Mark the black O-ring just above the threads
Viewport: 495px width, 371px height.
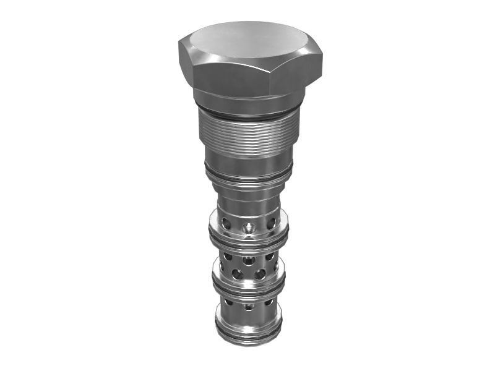(247, 116)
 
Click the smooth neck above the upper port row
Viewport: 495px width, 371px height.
(247, 198)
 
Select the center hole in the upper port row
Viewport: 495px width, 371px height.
(249, 228)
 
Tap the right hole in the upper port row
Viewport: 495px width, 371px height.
(270, 222)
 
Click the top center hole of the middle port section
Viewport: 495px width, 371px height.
(248, 260)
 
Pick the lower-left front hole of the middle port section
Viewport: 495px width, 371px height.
(238, 273)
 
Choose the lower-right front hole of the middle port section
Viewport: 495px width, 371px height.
(260, 273)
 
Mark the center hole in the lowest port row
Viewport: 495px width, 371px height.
(248, 306)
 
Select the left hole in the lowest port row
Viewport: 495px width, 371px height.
(229, 302)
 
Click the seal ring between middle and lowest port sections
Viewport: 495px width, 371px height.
(247, 291)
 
